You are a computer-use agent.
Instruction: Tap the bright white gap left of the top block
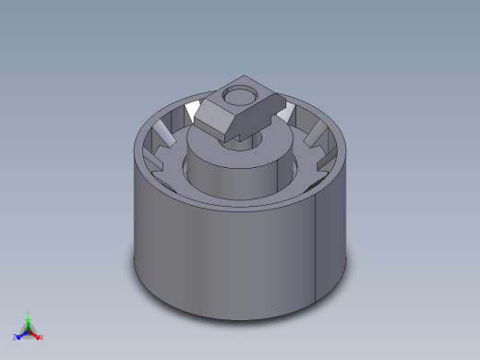[x=192, y=113]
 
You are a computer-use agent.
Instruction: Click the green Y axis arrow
[x=28, y=319]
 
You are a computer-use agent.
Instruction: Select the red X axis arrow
[x=37, y=334]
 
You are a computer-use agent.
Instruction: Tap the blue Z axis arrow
[x=21, y=334]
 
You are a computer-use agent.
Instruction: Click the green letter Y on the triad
[x=29, y=313]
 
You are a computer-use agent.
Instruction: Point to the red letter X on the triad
[x=42, y=337]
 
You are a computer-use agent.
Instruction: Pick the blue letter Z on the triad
[x=16, y=338]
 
